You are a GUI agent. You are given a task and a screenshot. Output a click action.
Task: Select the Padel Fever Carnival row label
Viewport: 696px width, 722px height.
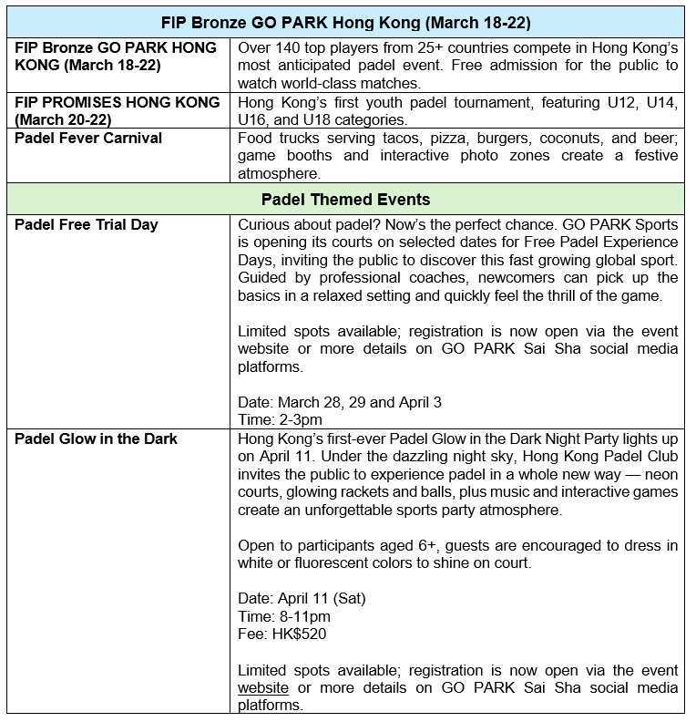pos(88,138)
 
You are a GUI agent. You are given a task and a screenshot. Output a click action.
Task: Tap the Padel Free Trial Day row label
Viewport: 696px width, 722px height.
pos(87,224)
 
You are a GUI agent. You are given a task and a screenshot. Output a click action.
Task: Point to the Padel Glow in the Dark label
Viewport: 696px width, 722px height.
pos(96,438)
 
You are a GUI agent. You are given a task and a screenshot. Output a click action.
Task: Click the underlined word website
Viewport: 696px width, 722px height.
pos(263,687)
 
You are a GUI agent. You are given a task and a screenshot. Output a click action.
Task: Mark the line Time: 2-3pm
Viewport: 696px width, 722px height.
pos(280,419)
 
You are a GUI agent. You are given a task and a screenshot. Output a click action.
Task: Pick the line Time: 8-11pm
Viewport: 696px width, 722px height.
pos(283,616)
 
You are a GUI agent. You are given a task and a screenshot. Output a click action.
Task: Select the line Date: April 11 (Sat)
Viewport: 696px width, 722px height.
pos(302,599)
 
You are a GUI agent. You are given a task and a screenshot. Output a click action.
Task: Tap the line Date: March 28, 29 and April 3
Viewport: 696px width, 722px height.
pos(340,402)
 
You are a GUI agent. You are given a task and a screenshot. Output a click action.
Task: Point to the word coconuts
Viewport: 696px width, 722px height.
pos(570,138)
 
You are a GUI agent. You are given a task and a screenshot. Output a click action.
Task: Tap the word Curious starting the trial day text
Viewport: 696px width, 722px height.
pos(264,224)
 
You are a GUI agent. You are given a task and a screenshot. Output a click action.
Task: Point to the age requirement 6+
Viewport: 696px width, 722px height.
pos(429,545)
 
